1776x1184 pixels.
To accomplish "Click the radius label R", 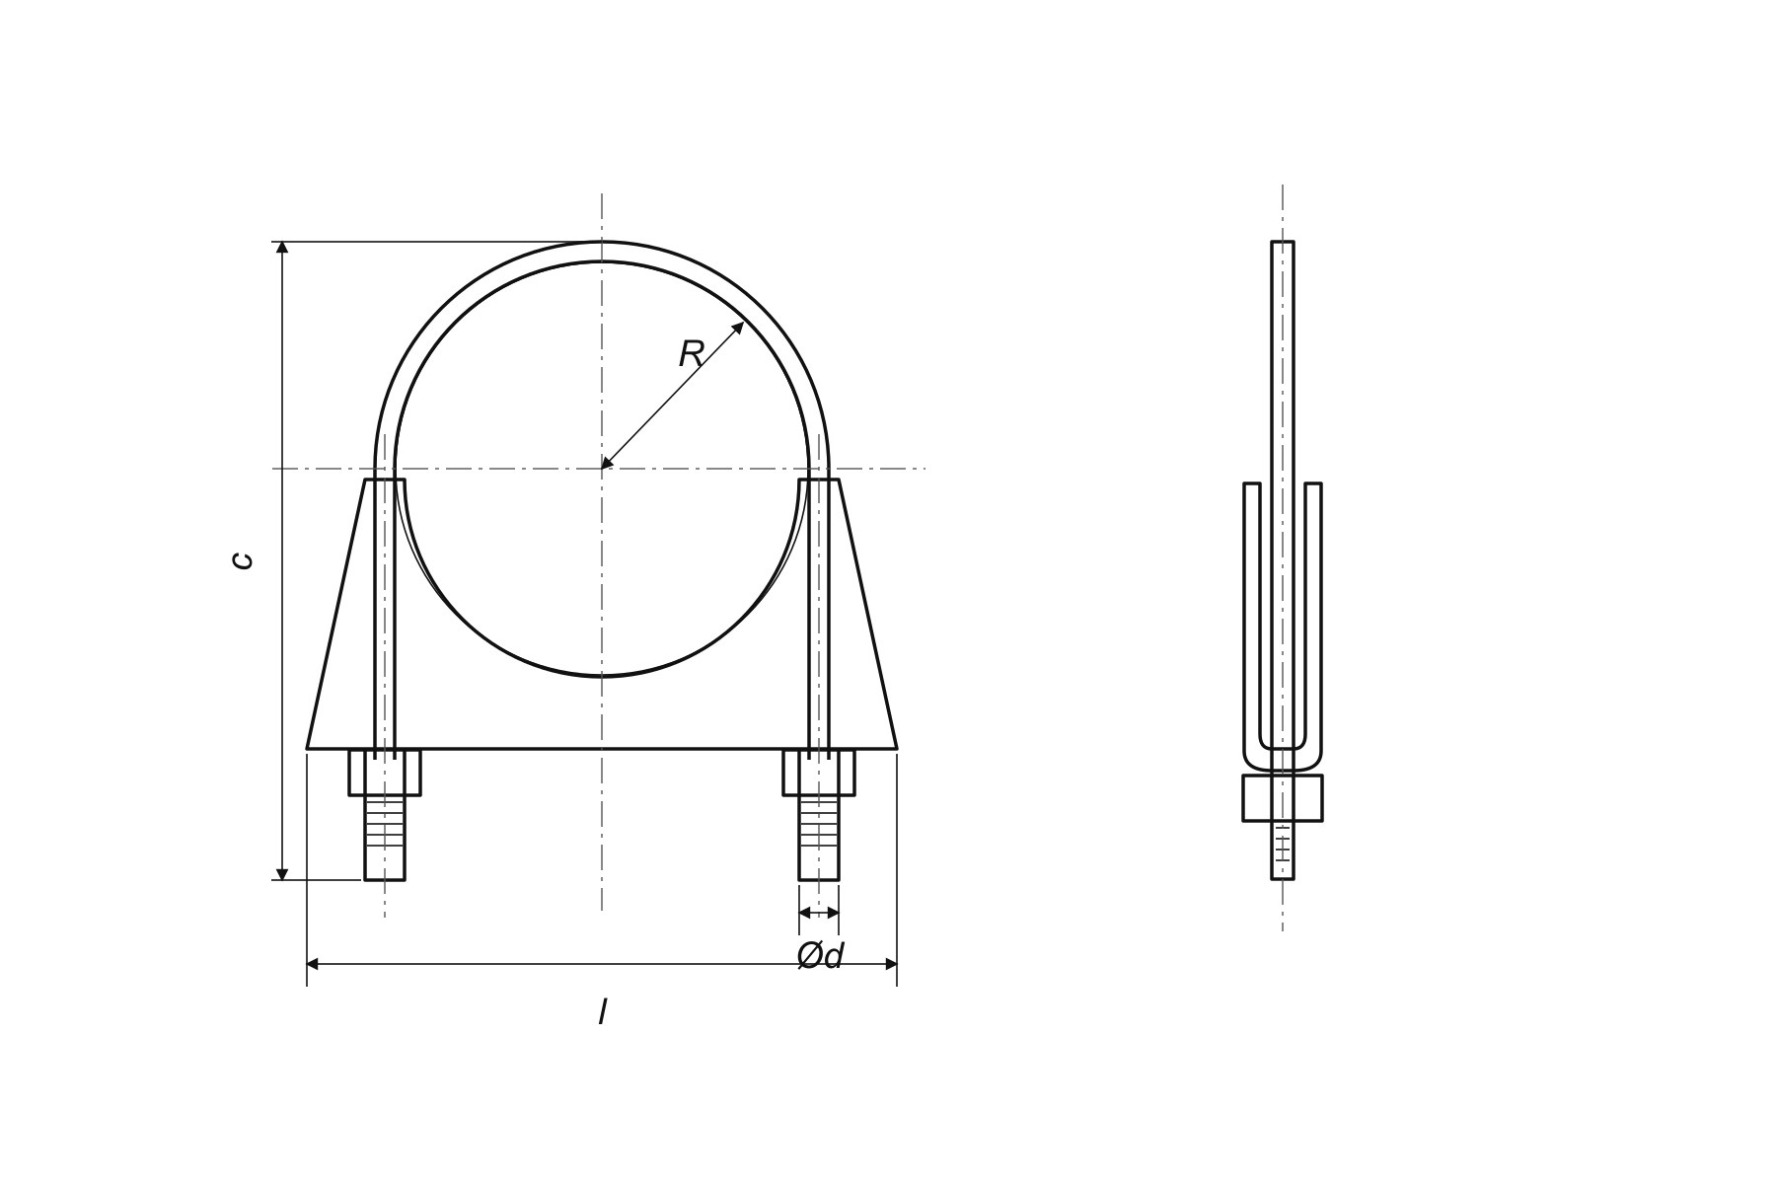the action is pos(691,354).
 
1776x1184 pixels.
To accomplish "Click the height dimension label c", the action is pos(242,560).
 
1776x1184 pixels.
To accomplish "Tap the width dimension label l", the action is pos(602,1012).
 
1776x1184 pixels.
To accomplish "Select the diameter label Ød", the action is pos(820,955).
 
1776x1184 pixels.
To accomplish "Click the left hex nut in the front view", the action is pos(385,773).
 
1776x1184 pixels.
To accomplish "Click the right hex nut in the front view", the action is pos(819,773).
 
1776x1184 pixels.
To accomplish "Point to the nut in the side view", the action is pos(1283,797).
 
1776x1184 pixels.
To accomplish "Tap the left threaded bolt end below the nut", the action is pos(385,838).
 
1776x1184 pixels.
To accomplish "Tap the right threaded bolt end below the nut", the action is pos(819,838).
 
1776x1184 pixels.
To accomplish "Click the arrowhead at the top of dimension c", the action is pos(282,248).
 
